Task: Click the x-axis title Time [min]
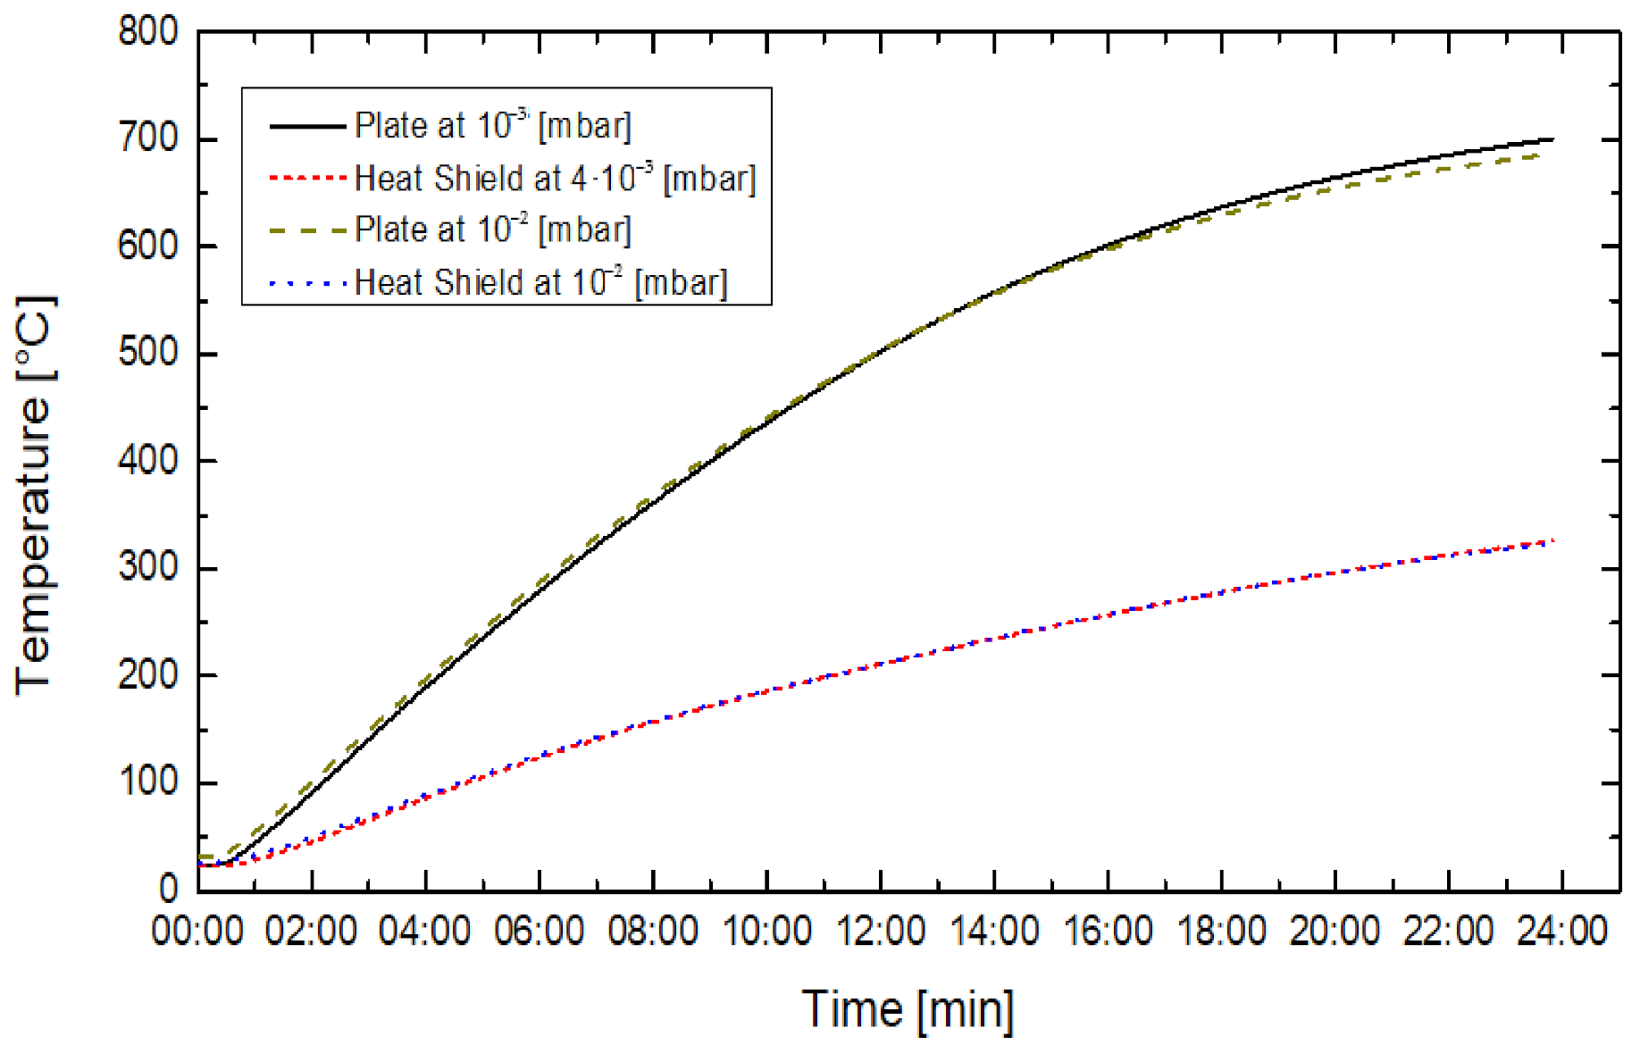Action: (908, 1010)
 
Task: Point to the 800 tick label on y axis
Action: (148, 33)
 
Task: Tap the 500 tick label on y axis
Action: (148, 354)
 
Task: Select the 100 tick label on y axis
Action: (148, 782)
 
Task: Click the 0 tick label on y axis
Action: (169, 889)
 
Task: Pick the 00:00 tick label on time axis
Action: (197, 932)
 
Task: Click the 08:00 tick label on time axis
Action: (653, 932)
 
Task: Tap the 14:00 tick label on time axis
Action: (994, 932)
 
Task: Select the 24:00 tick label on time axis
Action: (1562, 932)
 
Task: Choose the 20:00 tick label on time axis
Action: (1335, 932)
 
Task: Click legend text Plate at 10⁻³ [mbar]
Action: (492, 126)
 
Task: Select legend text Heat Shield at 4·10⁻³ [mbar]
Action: (555, 179)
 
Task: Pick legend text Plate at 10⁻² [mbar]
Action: (492, 230)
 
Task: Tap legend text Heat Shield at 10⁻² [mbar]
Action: (540, 283)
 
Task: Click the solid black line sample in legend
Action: (306, 127)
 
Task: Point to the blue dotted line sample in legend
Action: (306, 284)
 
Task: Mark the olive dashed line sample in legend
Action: (306, 231)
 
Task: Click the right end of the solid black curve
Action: (1553, 139)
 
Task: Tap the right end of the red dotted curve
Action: (1553, 540)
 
